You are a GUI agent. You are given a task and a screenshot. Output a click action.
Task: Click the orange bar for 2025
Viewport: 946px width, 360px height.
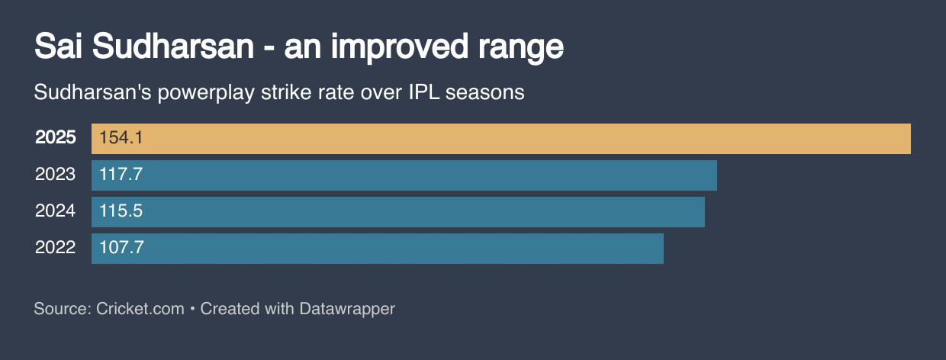tap(500, 139)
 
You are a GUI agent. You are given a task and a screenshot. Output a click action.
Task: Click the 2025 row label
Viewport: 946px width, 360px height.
tap(56, 138)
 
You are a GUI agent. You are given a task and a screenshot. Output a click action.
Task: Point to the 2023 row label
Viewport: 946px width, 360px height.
tap(56, 175)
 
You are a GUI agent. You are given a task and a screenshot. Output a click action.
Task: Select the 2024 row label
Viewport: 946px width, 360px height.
tap(56, 211)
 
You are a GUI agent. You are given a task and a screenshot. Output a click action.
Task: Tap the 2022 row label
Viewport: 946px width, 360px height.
tap(56, 248)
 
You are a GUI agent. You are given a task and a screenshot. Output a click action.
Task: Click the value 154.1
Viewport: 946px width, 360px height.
tap(121, 138)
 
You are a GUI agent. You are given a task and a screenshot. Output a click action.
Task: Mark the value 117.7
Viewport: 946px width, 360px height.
tap(121, 175)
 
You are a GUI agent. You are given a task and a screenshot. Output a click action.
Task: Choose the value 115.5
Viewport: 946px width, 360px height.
tap(121, 211)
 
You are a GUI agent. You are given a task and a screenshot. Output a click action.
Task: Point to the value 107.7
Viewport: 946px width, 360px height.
tap(121, 248)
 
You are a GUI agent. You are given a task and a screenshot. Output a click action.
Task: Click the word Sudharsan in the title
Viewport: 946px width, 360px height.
tap(172, 47)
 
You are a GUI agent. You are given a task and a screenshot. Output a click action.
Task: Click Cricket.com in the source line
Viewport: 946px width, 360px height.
tap(140, 309)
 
